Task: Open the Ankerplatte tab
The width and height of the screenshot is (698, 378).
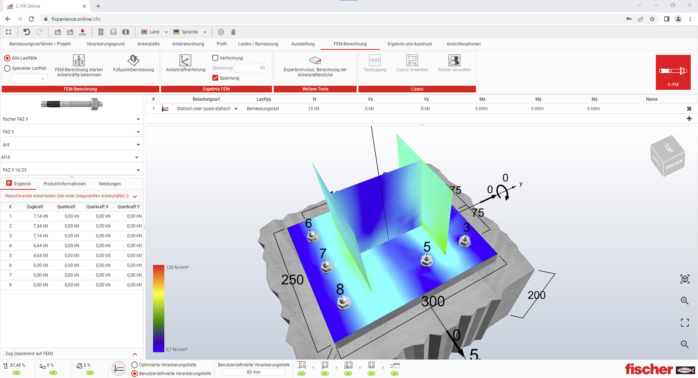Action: coord(148,44)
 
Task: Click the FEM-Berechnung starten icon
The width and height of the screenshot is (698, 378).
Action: coord(79,60)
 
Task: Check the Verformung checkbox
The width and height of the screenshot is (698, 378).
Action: coord(215,58)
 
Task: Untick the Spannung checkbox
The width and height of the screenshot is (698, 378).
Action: coord(215,78)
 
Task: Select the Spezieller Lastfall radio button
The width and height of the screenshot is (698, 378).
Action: coord(7,68)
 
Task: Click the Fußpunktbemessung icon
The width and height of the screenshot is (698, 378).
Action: coord(133,60)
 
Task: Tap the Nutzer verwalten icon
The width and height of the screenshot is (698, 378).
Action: coord(454,60)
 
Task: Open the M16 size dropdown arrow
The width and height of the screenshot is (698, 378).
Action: coord(137,157)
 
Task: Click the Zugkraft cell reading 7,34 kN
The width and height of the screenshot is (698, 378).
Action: coord(40,226)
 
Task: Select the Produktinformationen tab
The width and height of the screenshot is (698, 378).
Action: coord(65,184)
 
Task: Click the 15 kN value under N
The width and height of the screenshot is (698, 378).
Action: coord(313,109)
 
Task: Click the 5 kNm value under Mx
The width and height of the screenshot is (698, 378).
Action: coord(481,109)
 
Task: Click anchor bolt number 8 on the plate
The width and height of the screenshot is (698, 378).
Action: coord(344,302)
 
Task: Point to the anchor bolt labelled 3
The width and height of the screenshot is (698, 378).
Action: coord(465,241)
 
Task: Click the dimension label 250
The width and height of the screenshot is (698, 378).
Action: coord(292,280)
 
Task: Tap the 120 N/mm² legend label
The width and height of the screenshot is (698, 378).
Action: coord(177,268)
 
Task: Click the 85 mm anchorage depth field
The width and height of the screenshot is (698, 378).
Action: coord(253,372)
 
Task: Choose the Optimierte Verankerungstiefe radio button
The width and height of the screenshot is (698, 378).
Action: coord(135,365)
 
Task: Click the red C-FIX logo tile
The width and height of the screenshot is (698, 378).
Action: coord(673,72)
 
